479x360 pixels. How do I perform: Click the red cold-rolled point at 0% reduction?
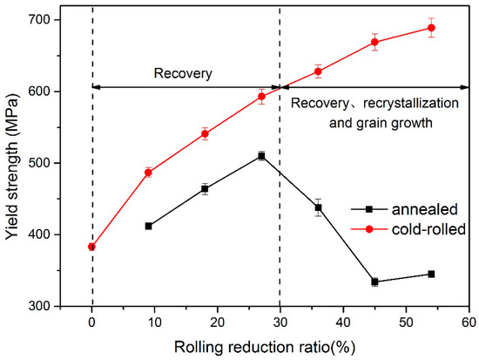[91, 247]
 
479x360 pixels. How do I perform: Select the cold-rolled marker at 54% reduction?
[431, 28]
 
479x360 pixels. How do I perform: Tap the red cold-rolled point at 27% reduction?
[261, 97]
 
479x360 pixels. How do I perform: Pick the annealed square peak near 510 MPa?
[261, 156]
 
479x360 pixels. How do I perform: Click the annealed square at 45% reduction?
[374, 282]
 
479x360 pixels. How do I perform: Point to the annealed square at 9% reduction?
[148, 226]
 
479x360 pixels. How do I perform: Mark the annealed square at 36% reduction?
[318, 207]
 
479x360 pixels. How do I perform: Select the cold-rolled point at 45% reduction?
[374, 42]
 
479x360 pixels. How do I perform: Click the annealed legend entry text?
[425, 209]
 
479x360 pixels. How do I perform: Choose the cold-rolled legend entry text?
[428, 228]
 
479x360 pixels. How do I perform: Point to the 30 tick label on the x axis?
[280, 323]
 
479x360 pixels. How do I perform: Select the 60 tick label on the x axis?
[469, 323]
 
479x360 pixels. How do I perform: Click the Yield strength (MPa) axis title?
[12, 162]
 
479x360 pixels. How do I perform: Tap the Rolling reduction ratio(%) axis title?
[265, 348]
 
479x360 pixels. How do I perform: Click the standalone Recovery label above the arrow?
[183, 74]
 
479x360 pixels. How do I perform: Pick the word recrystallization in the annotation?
[410, 104]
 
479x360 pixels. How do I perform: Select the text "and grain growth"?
[381, 123]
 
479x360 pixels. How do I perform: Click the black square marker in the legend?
[369, 209]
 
